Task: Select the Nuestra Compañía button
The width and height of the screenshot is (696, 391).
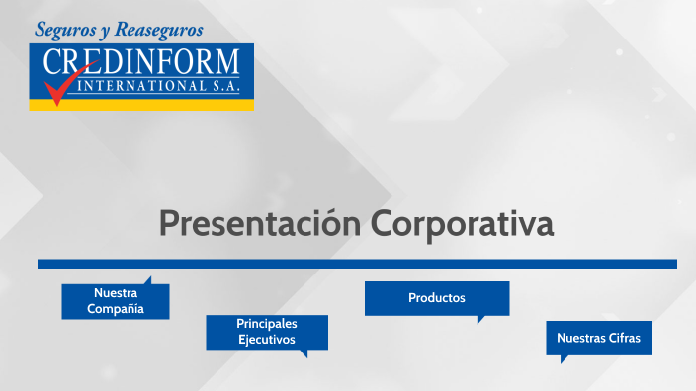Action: [x=116, y=301]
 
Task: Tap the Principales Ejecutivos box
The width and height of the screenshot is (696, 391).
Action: [x=266, y=332]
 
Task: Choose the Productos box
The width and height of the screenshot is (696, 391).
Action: [x=436, y=298]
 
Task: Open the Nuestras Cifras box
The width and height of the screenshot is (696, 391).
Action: [x=598, y=338]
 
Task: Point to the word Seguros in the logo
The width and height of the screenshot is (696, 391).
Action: [x=65, y=30]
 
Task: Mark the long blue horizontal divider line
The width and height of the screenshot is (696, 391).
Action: [x=357, y=264]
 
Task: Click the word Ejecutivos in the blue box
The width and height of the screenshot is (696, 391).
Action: [x=266, y=340]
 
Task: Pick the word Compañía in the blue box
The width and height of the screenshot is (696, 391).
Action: [x=116, y=309]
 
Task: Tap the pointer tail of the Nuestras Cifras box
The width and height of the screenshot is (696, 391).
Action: [x=565, y=358]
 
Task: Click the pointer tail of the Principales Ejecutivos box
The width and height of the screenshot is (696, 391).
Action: [x=304, y=352]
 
